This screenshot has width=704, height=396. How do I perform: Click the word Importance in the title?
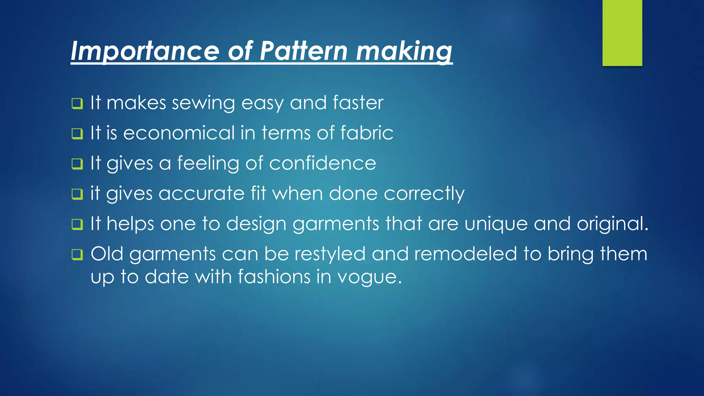click(x=145, y=51)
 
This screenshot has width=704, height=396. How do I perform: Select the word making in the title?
click(x=404, y=51)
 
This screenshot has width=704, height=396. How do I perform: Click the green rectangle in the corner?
click(x=622, y=33)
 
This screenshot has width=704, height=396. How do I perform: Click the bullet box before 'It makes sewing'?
click(x=77, y=103)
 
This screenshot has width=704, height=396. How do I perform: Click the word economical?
click(x=179, y=133)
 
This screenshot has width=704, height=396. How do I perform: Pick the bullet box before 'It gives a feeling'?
click(x=77, y=164)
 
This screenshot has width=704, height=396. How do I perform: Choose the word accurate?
click(x=201, y=193)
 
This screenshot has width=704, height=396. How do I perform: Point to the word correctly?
click(x=424, y=194)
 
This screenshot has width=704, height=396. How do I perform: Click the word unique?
click(x=496, y=224)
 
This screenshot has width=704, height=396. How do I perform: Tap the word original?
click(x=612, y=224)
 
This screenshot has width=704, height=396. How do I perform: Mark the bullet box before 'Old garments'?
click(x=77, y=255)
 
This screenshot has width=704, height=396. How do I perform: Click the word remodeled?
click(x=465, y=254)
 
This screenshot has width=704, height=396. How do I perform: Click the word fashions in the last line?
click(x=274, y=277)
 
